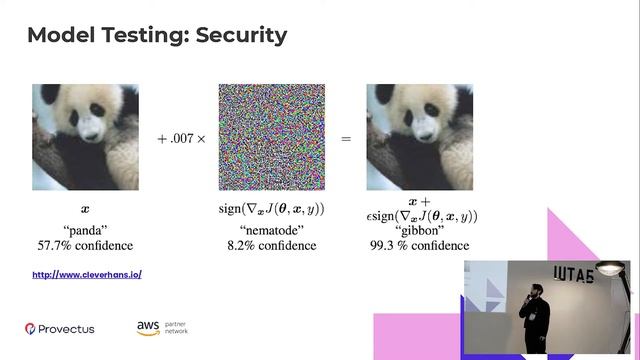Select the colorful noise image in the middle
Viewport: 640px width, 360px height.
coord(272,137)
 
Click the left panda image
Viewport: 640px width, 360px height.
coord(85,137)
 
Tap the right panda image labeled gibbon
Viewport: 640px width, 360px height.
coord(419,137)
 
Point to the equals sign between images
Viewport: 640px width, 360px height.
coord(346,139)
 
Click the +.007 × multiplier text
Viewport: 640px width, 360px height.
coord(181,139)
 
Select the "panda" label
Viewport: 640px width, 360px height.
coord(85,229)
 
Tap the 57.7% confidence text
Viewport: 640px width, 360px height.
coord(85,245)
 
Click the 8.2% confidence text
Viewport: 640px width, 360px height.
coord(272,245)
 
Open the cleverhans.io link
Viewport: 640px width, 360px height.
coord(87,274)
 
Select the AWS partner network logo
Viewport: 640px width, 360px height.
coord(163,327)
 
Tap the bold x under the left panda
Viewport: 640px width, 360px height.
coord(85,210)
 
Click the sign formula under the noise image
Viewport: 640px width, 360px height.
coord(272,210)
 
